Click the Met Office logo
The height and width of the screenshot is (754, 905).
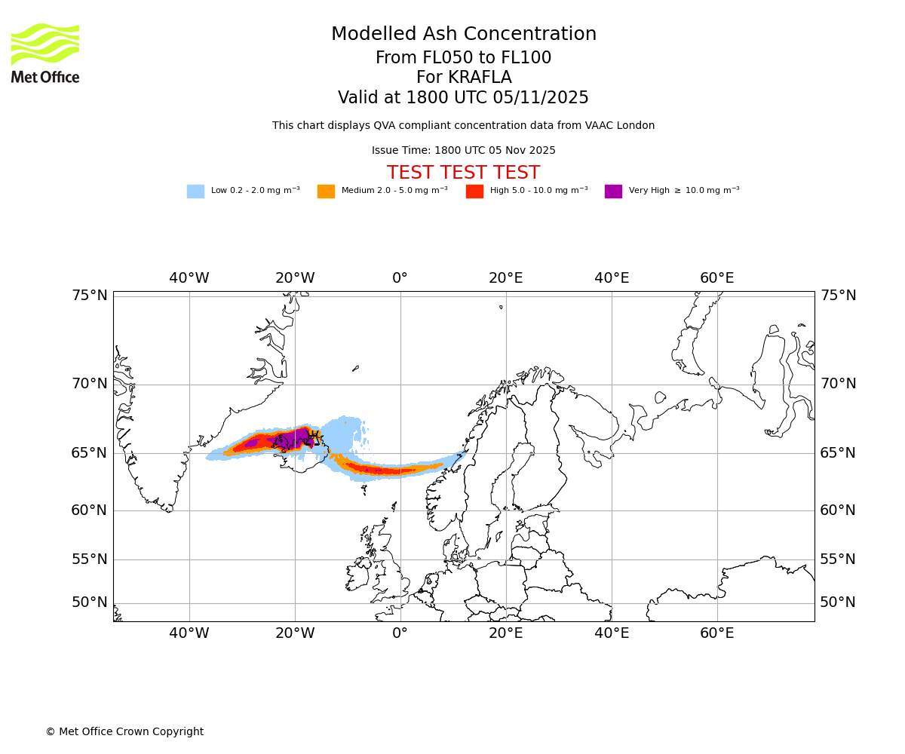(x=45, y=53)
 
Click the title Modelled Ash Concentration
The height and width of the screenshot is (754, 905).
(x=464, y=35)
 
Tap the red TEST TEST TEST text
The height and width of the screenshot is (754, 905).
(x=463, y=173)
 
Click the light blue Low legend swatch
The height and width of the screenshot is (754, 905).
(x=195, y=192)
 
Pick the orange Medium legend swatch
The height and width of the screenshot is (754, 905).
(x=326, y=192)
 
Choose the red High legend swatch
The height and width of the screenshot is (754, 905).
(x=474, y=192)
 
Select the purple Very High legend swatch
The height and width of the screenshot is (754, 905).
(x=613, y=192)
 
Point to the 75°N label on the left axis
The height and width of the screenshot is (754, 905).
(x=90, y=296)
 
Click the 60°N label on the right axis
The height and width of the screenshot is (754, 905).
(x=838, y=510)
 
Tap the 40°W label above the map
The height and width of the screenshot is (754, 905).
(x=189, y=278)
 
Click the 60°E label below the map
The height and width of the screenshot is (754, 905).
(x=716, y=633)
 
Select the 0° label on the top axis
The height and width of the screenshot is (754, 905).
(x=400, y=278)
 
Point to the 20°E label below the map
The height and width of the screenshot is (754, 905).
(x=505, y=633)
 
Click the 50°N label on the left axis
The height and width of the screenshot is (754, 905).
(x=90, y=602)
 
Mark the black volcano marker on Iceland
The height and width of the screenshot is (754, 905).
(x=314, y=435)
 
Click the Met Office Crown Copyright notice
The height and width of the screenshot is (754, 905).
(x=124, y=731)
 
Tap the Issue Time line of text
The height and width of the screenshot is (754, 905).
(x=463, y=150)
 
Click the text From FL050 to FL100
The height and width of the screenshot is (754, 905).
(x=463, y=58)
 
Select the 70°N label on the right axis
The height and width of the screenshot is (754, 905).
(x=838, y=384)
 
